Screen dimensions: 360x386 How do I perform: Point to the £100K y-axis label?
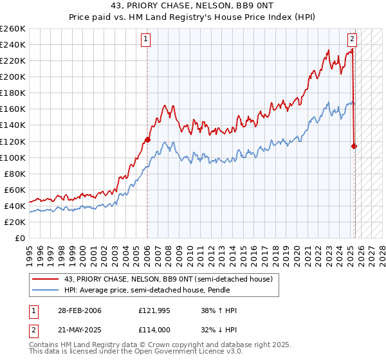point(13,157)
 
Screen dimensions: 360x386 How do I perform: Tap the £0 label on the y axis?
point(21,238)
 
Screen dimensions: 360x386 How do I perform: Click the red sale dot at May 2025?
point(354,146)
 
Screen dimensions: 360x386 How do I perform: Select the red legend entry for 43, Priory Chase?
point(169,279)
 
